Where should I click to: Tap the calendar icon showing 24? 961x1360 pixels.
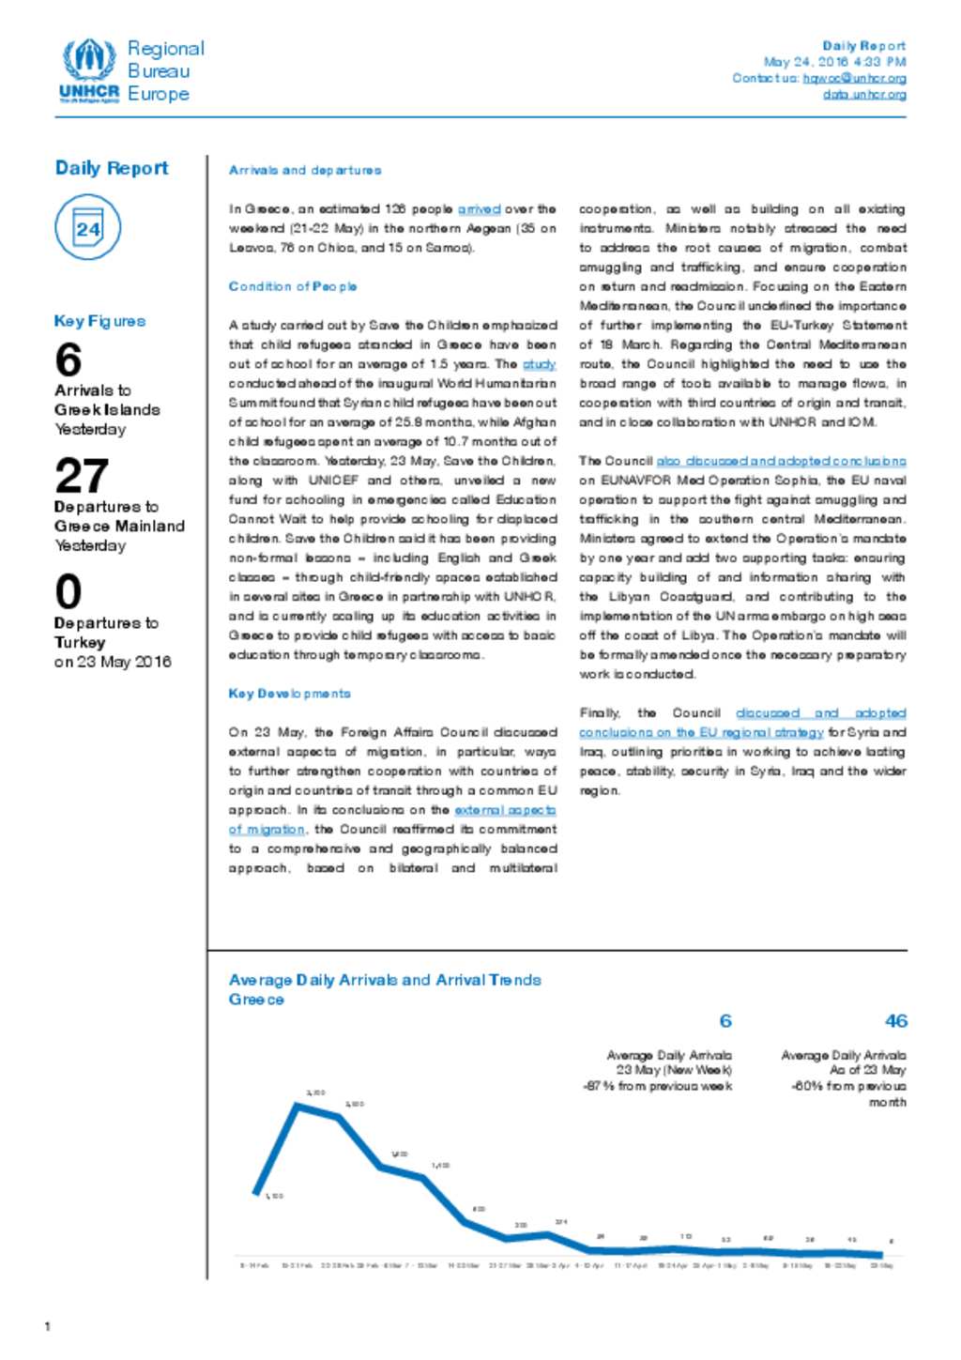pyautogui.click(x=87, y=228)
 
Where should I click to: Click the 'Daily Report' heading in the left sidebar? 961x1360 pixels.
pyautogui.click(x=112, y=168)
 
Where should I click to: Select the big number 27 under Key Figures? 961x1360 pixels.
pyautogui.click(x=82, y=476)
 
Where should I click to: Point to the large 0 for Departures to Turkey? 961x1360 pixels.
pyautogui.click(x=69, y=592)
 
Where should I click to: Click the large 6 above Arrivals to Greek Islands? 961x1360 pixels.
pyautogui.click(x=69, y=360)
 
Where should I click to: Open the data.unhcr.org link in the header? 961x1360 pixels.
pyautogui.click(x=864, y=95)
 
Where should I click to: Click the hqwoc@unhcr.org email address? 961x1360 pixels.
pyautogui.click(x=854, y=79)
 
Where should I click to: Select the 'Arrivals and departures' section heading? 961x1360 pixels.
pyautogui.click(x=305, y=171)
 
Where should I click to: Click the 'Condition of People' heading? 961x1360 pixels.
pyautogui.click(x=293, y=287)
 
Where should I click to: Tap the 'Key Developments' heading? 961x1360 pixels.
pyautogui.click(x=290, y=694)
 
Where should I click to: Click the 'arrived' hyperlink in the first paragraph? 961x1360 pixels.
pyautogui.click(x=479, y=209)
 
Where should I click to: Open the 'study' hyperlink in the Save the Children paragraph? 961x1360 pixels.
pyautogui.click(x=540, y=364)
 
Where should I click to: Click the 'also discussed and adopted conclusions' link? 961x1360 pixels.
pyautogui.click(x=781, y=461)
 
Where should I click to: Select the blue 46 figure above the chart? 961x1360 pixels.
pyautogui.click(x=895, y=1021)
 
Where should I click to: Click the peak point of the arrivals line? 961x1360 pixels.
pyautogui.click(x=298, y=1105)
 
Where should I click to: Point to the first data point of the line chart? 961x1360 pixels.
pyautogui.click(x=256, y=1194)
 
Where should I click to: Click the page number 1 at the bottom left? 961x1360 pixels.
pyautogui.click(x=48, y=1326)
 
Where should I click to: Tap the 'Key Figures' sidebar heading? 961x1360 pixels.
pyautogui.click(x=99, y=321)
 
